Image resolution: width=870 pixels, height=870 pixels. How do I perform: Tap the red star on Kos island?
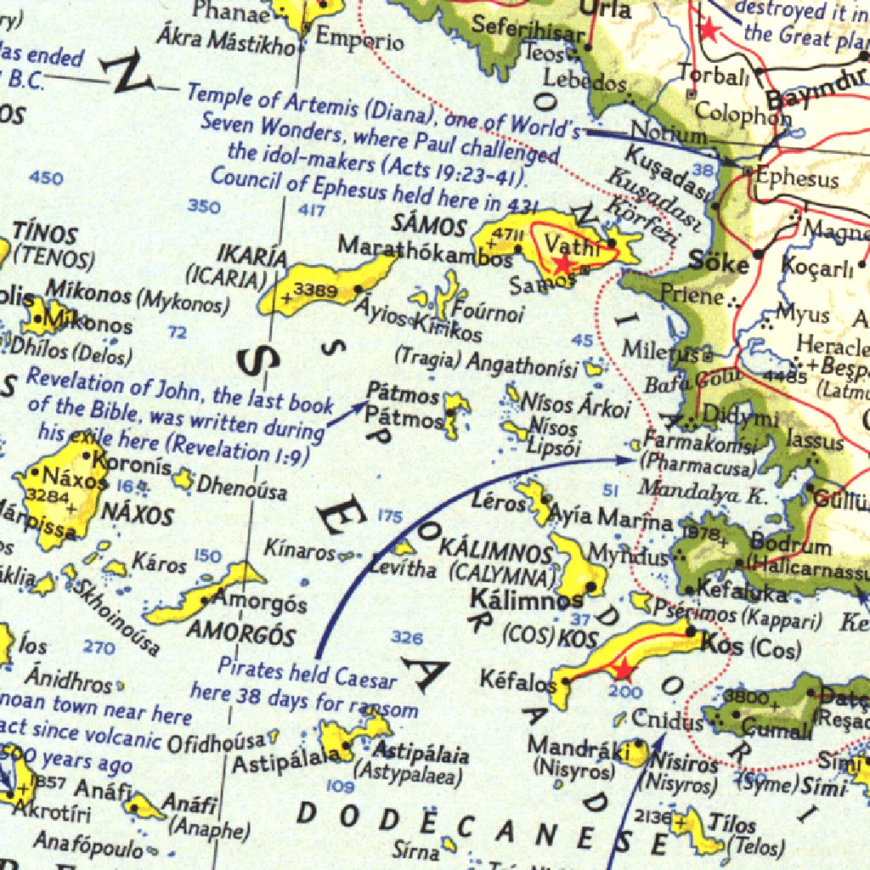click(x=624, y=670)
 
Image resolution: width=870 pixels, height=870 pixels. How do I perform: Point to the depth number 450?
click(x=45, y=178)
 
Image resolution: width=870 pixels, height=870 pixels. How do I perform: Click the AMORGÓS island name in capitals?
click(x=240, y=634)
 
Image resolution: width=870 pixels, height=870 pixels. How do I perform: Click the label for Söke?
click(x=719, y=261)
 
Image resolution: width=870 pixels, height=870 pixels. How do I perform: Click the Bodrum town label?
click(x=791, y=545)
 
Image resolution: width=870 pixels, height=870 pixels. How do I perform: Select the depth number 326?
click(x=406, y=637)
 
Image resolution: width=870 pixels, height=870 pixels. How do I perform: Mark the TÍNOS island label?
click(x=45, y=234)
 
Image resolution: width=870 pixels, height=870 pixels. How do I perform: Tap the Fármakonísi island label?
click(x=699, y=442)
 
